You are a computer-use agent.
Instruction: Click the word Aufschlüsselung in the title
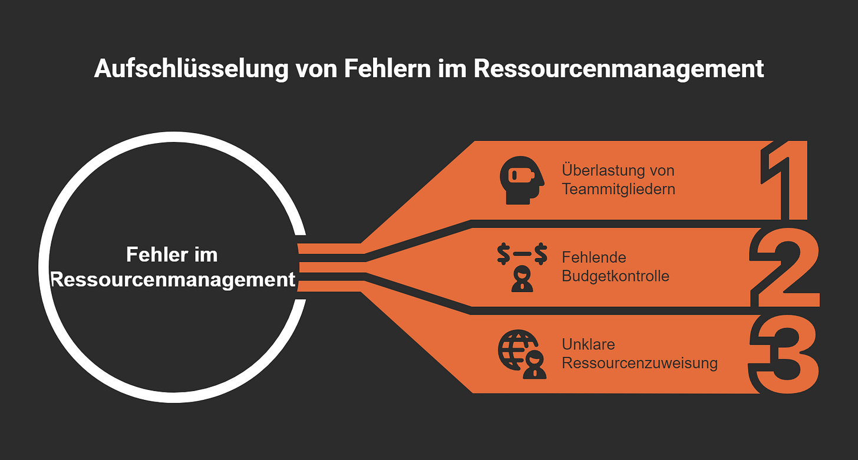point(191,69)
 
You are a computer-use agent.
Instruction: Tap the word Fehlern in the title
point(384,69)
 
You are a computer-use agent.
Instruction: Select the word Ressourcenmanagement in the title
point(619,69)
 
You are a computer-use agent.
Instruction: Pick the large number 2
point(784,268)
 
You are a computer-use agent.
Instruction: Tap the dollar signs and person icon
point(522,269)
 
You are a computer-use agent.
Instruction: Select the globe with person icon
point(522,355)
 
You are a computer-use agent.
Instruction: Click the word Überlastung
point(601,171)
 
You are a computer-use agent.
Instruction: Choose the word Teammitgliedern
point(618,189)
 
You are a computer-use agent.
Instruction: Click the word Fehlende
point(594,257)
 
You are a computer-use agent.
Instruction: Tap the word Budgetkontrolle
point(615,276)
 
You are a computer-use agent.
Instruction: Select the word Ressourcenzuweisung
point(639,362)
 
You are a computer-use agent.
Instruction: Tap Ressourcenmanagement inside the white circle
point(173,279)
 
